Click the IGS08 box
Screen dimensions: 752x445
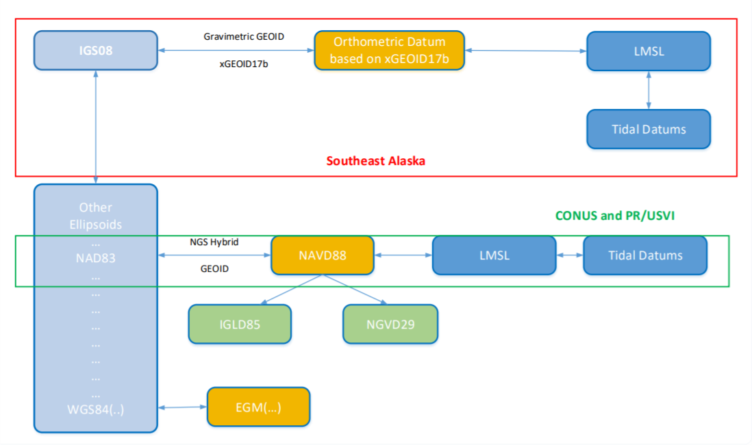pyautogui.click(x=96, y=51)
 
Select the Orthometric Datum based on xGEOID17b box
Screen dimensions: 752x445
pyautogui.click(x=390, y=51)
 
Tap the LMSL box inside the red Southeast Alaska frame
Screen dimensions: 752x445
pyautogui.click(x=649, y=51)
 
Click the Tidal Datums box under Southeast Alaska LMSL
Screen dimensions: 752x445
pyautogui.click(x=649, y=129)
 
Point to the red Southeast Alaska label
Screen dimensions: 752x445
pyautogui.click(x=376, y=161)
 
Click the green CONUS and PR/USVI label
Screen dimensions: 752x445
pyautogui.click(x=615, y=216)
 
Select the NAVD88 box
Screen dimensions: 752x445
pyautogui.click(x=323, y=255)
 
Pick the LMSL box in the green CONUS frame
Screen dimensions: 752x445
pyautogui.click(x=494, y=255)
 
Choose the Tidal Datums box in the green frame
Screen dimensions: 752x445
pyautogui.click(x=646, y=255)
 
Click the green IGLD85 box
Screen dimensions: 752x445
pyautogui.click(x=240, y=324)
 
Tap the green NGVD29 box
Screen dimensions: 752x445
pyautogui.click(x=390, y=324)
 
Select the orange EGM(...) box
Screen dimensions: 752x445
pyautogui.click(x=258, y=407)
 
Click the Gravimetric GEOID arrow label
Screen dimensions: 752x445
pyautogui.click(x=244, y=36)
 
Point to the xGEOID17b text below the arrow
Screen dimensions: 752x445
pyautogui.click(x=244, y=64)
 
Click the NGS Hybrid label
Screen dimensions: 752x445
pyautogui.click(x=214, y=242)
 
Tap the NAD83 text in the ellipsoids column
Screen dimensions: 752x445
pyautogui.click(x=96, y=258)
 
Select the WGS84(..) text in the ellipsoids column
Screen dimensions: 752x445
pyautogui.click(x=96, y=409)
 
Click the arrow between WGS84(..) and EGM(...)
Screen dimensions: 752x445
pyautogui.click(x=183, y=407)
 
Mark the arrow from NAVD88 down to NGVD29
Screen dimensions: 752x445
pyautogui.click(x=355, y=289)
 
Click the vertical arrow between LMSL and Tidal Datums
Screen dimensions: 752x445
pyautogui.click(x=649, y=90)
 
